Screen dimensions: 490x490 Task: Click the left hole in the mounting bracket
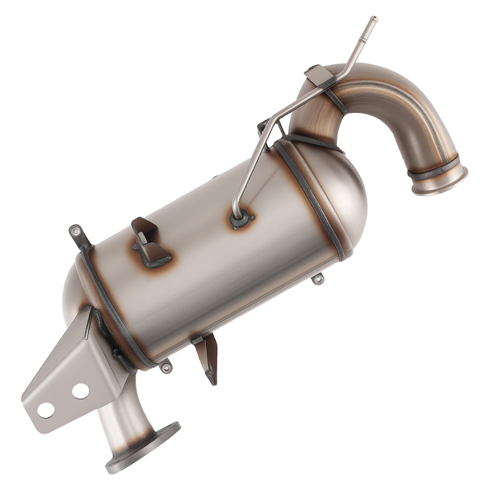[x=46, y=410]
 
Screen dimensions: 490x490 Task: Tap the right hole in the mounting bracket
[x=80, y=391]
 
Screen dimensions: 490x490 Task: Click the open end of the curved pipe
[x=440, y=181]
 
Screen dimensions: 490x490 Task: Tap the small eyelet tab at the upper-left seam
[x=76, y=230]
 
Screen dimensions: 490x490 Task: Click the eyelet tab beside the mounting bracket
[x=167, y=367]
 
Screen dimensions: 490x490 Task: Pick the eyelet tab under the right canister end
[x=318, y=279]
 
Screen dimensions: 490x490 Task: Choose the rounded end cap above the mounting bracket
[x=73, y=289]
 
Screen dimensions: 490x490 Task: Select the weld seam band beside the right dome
[x=314, y=196]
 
